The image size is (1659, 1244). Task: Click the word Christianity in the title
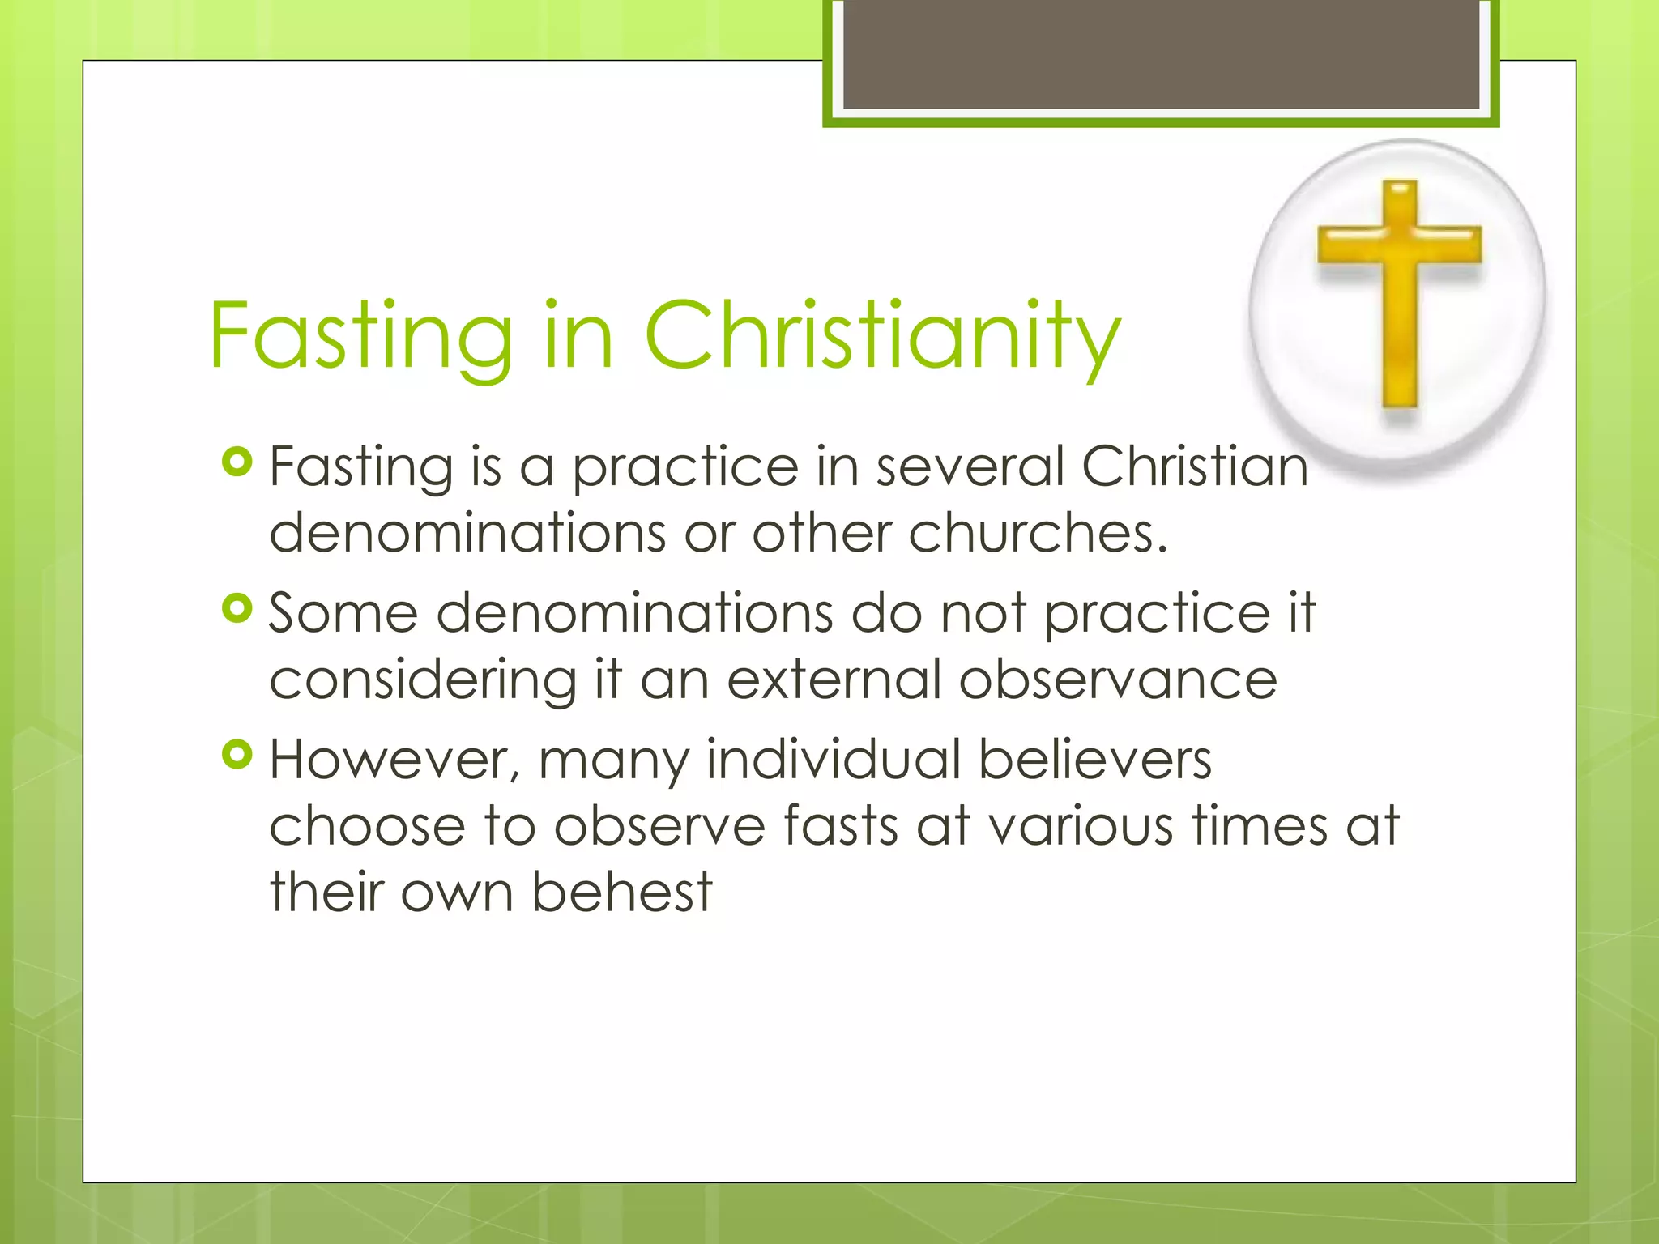pyautogui.click(x=883, y=336)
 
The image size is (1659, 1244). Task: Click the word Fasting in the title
pyautogui.click(x=360, y=336)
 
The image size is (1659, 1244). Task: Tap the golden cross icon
pyautogui.click(x=1400, y=292)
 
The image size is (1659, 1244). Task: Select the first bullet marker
pyautogui.click(x=237, y=462)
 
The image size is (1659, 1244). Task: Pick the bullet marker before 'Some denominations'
pyautogui.click(x=237, y=608)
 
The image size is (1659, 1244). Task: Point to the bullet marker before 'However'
pyautogui.click(x=237, y=755)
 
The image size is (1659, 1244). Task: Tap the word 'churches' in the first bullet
pyautogui.click(x=1037, y=533)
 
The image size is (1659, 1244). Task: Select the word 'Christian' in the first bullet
pyautogui.click(x=1194, y=467)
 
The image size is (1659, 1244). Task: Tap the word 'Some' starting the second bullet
pyautogui.click(x=343, y=613)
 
